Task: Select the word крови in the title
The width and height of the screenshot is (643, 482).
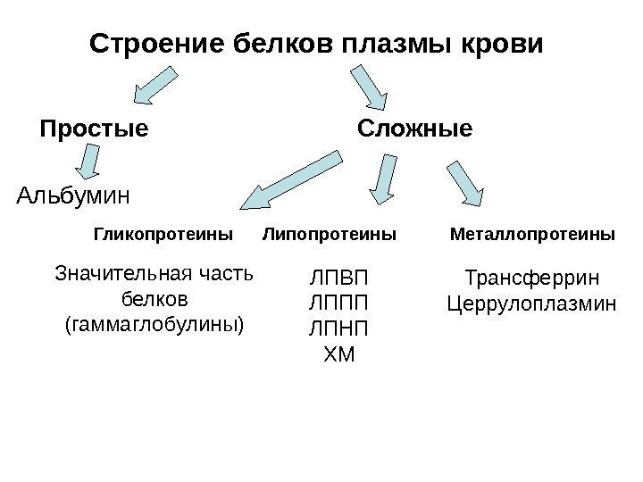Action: [x=498, y=44]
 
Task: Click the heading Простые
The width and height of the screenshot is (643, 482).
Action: [x=94, y=129]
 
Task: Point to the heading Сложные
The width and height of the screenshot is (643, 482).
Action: [x=414, y=129]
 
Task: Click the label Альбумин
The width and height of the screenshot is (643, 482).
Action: [x=74, y=193]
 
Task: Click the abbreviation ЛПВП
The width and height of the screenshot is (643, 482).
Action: [x=338, y=276]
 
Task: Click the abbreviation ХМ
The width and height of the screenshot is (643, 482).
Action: [x=338, y=356]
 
